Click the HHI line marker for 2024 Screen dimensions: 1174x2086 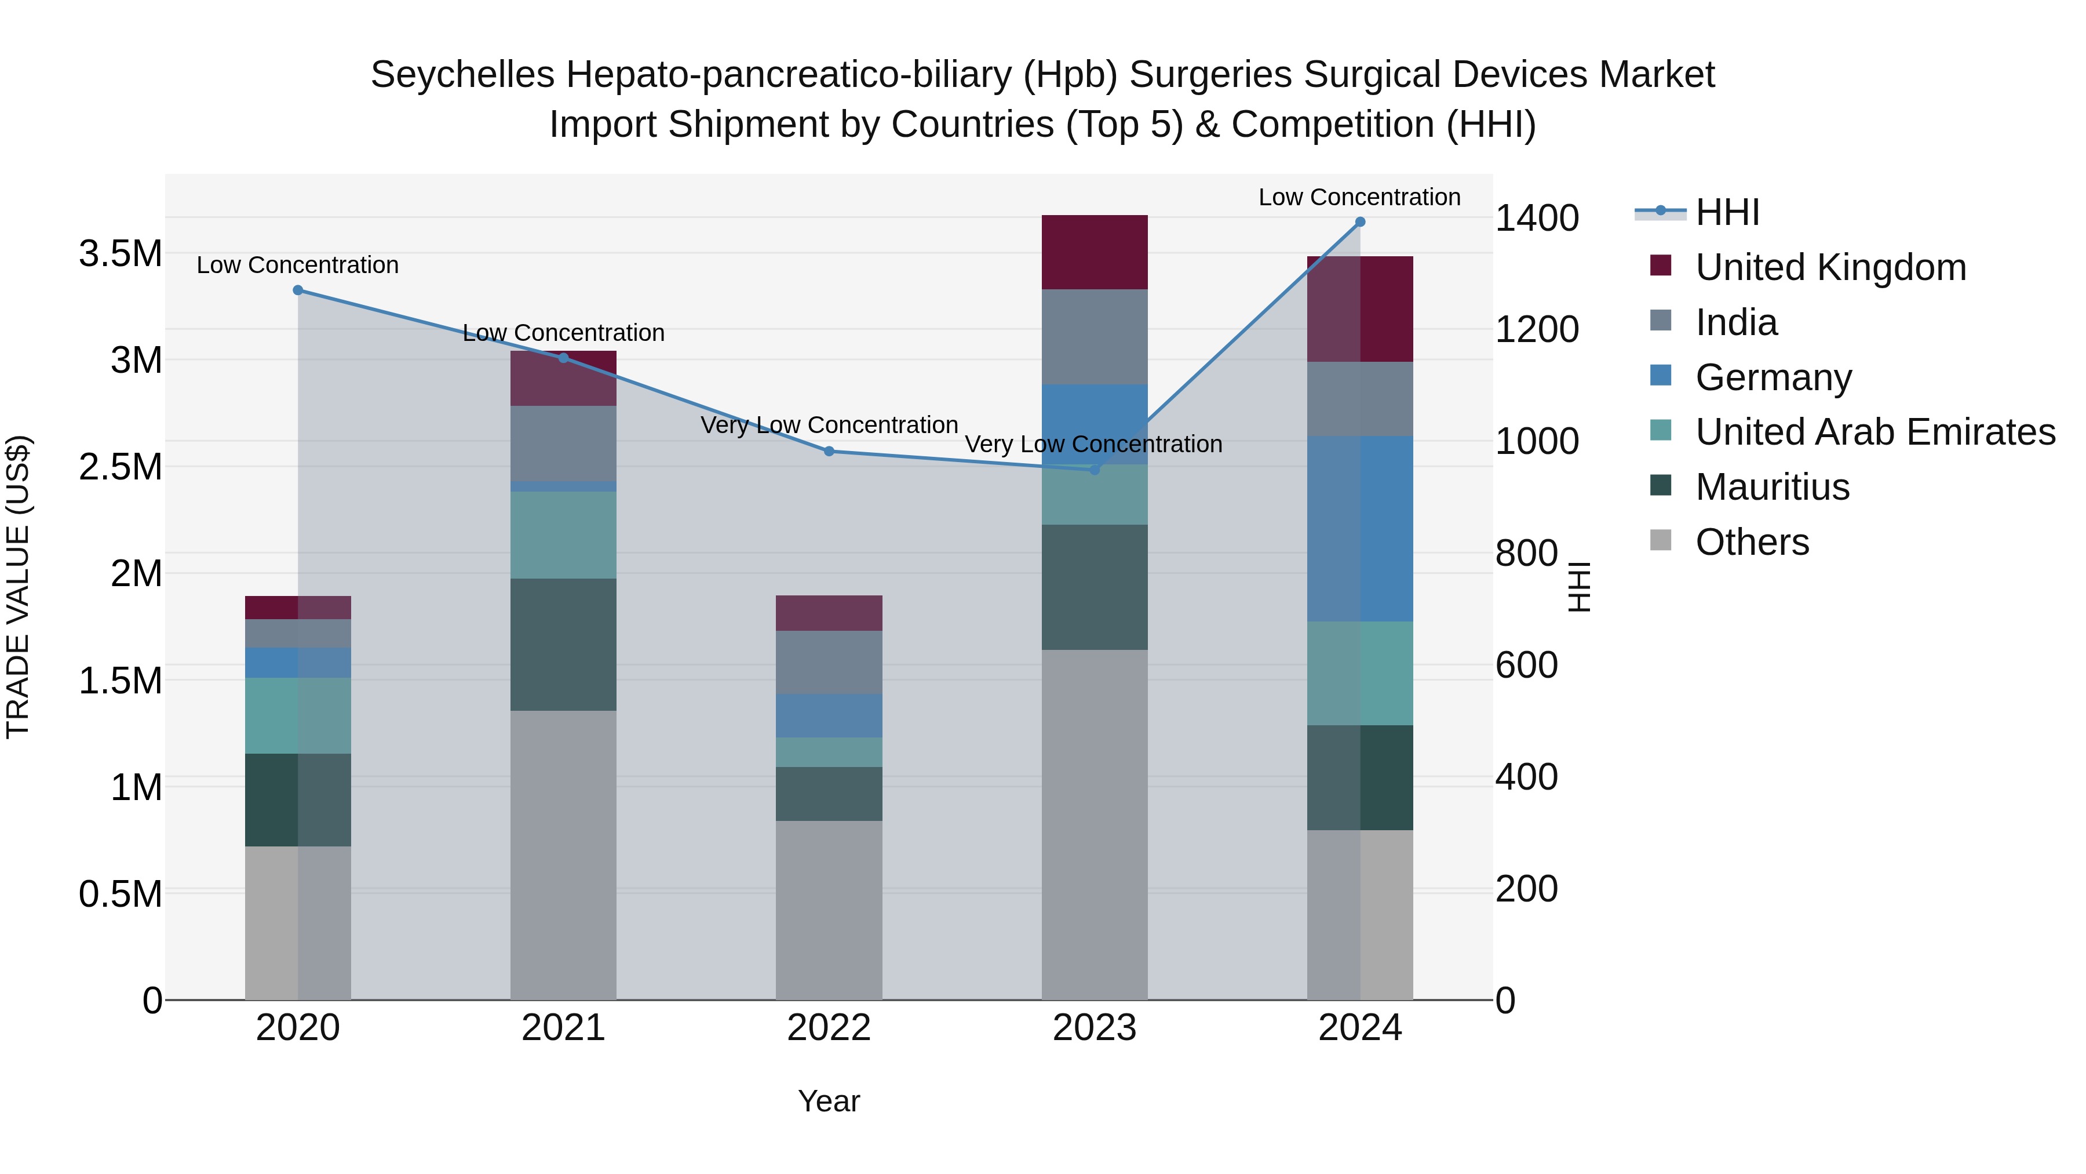click(x=1359, y=222)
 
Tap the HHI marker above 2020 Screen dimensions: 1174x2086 click(x=298, y=290)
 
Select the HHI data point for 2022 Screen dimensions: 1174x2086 click(x=829, y=451)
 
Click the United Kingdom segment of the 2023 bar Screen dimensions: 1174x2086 click(x=1094, y=252)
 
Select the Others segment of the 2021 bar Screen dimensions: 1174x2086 click(x=563, y=855)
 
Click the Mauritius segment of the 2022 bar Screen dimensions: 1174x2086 click(x=829, y=794)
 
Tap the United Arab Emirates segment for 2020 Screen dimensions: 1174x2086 click(x=298, y=715)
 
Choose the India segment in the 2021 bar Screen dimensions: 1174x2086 click(x=563, y=443)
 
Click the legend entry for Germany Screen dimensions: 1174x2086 click(x=1774, y=377)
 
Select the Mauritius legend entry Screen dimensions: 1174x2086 click(x=1772, y=487)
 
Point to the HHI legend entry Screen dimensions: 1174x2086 click(x=1727, y=212)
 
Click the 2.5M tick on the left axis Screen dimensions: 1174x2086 click(x=121, y=467)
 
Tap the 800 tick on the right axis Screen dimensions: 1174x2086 click(x=1526, y=554)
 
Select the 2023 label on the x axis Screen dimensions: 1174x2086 click(x=1094, y=1028)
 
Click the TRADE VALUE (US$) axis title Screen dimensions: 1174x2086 click(x=18, y=587)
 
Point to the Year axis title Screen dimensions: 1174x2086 click(x=829, y=1101)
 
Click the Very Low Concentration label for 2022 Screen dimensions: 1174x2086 click(x=829, y=426)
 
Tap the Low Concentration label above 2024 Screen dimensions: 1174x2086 click(x=1359, y=197)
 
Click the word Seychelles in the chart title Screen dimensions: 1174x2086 click(x=462, y=75)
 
